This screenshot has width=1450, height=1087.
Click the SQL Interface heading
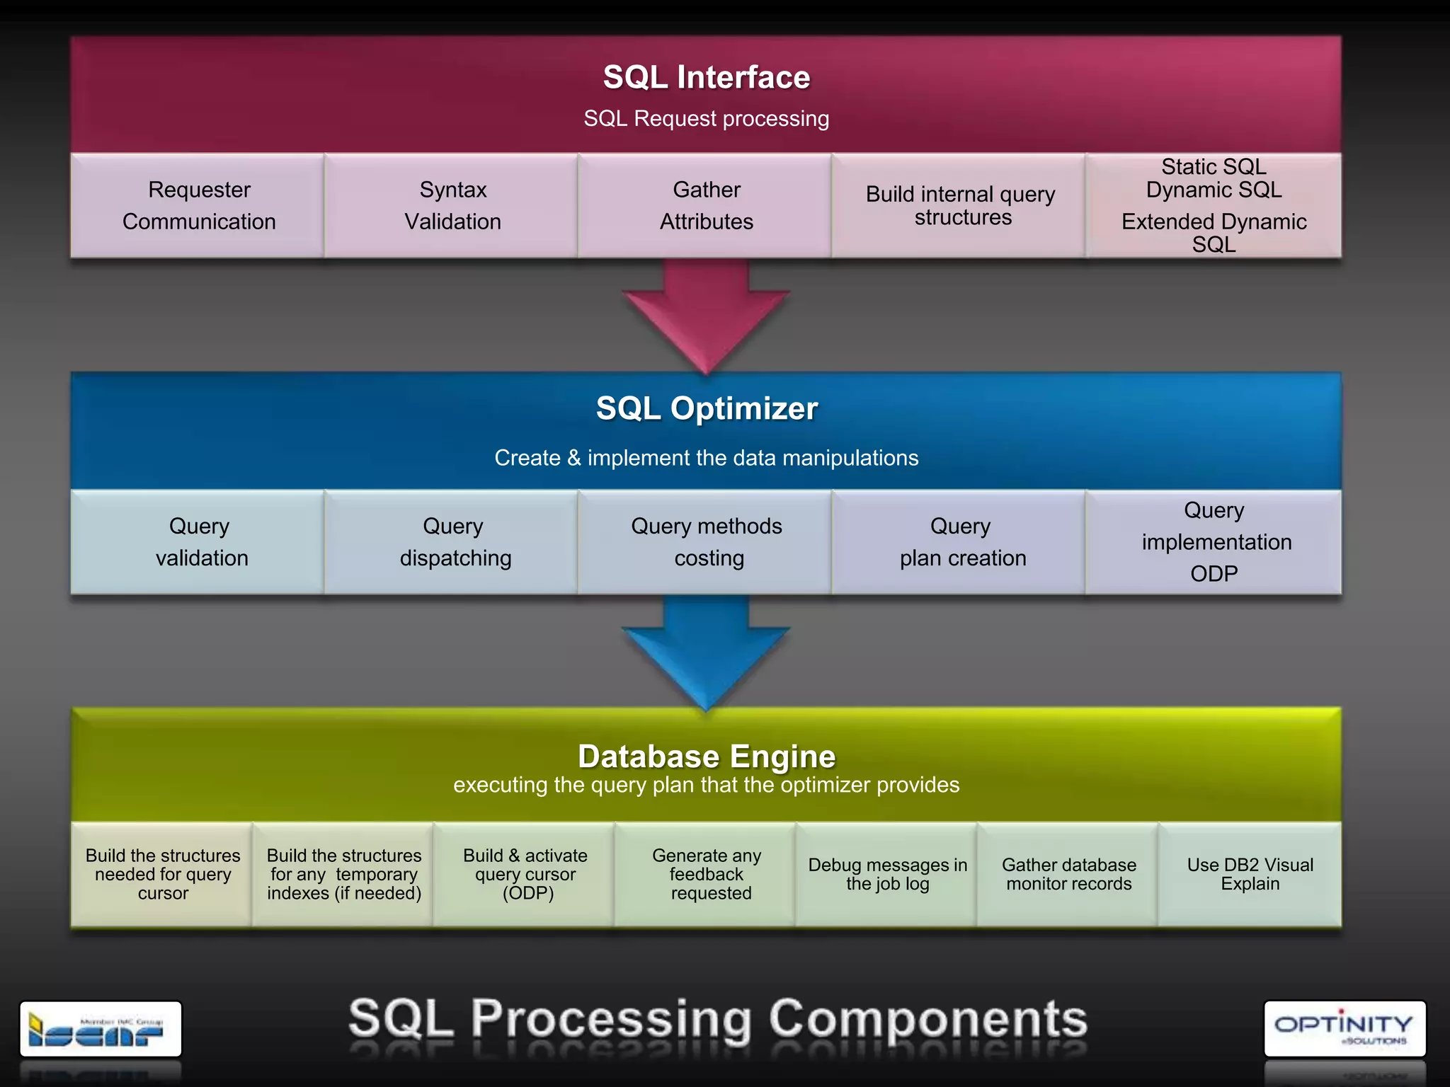click(x=706, y=77)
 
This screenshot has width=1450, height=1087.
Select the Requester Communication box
click(x=199, y=206)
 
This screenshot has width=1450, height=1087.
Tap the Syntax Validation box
click(x=452, y=206)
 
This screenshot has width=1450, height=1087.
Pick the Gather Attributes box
click(x=706, y=206)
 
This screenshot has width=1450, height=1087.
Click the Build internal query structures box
click(x=960, y=206)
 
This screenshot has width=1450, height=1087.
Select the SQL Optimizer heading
click(x=706, y=408)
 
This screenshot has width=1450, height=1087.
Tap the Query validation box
click(x=200, y=542)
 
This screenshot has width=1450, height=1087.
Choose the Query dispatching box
click(x=454, y=542)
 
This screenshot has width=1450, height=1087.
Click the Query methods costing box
click(x=707, y=542)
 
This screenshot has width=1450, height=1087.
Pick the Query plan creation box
click(x=961, y=542)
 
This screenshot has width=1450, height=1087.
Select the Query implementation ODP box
click(x=1215, y=542)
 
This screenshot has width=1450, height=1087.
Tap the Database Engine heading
click(x=706, y=757)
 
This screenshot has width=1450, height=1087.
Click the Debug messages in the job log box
click(x=887, y=875)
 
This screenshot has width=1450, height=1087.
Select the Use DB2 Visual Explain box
click(x=1250, y=875)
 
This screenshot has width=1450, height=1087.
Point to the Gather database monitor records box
click(x=1068, y=875)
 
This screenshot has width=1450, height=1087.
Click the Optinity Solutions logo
click(x=1344, y=1029)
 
